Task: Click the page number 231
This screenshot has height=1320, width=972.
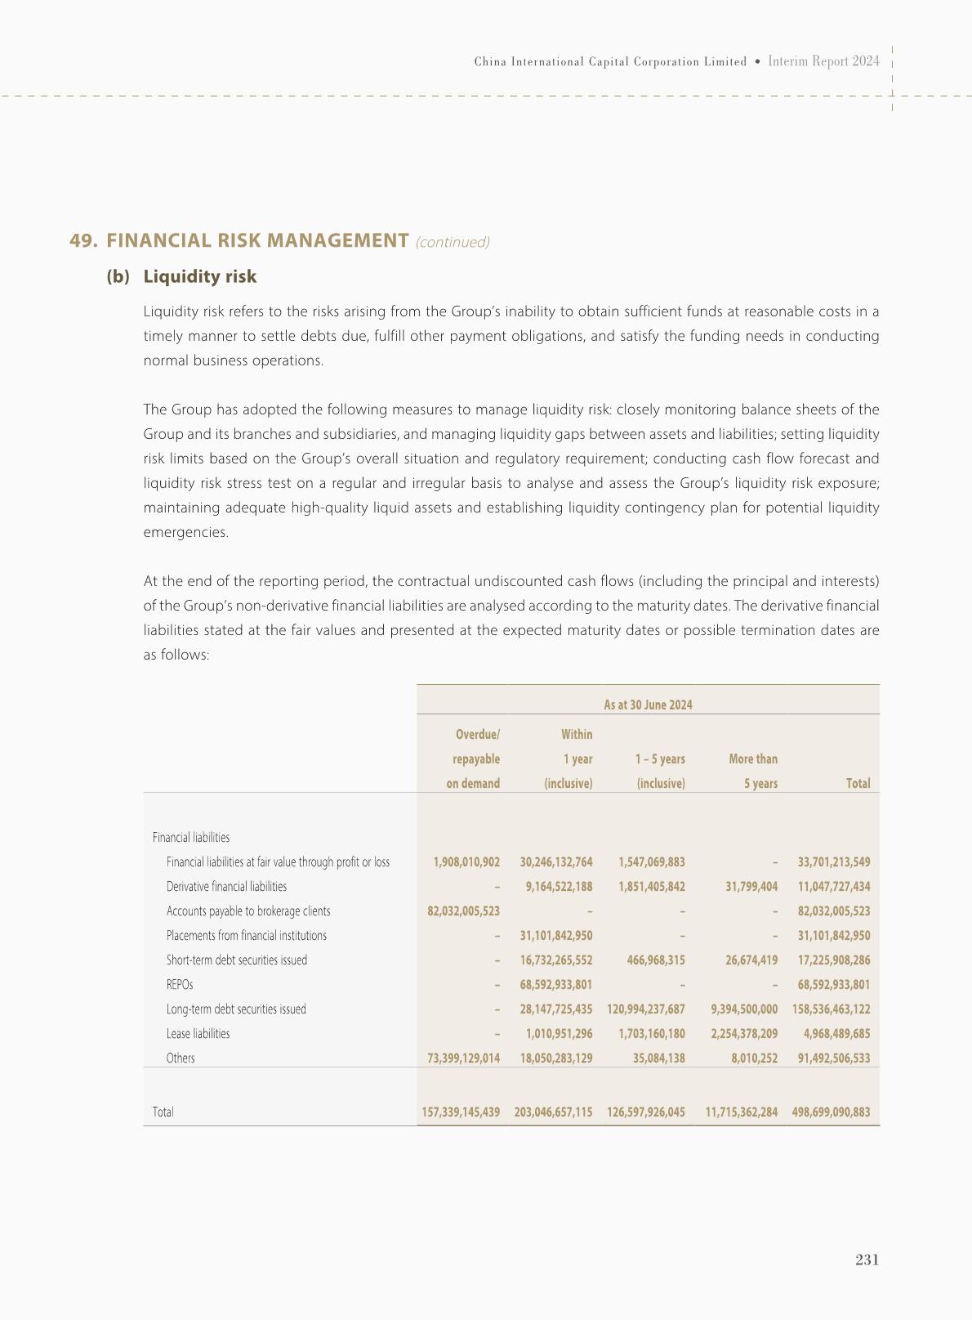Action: [x=867, y=1260]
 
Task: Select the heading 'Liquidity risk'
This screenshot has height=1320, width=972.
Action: [x=199, y=276]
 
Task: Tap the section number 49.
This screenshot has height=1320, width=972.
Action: [x=83, y=240]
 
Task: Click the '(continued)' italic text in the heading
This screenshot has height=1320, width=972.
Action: [x=453, y=242]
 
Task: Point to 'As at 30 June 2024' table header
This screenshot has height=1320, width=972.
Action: [x=648, y=705]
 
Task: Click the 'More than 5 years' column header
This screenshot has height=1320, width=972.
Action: [x=753, y=771]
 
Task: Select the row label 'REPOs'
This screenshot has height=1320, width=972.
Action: [x=180, y=984]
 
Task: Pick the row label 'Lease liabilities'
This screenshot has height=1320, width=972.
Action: [x=198, y=1033]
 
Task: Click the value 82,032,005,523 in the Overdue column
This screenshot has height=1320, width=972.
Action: [x=463, y=911]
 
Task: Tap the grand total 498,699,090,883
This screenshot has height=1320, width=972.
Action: [x=831, y=1112]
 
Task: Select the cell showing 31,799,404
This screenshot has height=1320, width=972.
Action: [x=751, y=886]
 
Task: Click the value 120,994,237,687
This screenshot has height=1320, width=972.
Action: [x=646, y=1009]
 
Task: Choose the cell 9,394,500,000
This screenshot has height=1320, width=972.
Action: [x=744, y=1009]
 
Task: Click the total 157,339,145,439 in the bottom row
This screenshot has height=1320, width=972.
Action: [x=461, y=1112]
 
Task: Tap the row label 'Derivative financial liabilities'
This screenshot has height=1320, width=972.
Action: [x=226, y=886]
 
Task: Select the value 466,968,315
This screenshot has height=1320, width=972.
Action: [x=657, y=960]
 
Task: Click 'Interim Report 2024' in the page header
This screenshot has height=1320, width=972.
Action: [x=824, y=61]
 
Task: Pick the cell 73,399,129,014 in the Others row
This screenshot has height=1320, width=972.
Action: [x=463, y=1058]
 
